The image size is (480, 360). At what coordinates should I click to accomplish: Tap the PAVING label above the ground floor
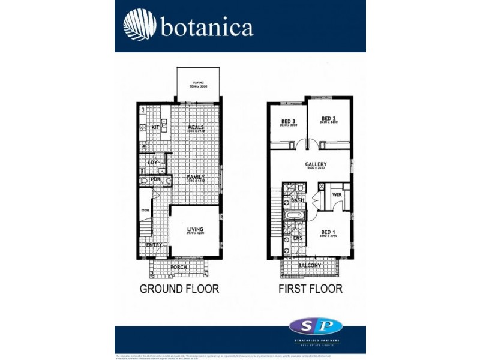(199, 83)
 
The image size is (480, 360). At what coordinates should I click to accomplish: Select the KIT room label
(155, 127)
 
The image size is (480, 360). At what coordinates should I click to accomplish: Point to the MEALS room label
(196, 127)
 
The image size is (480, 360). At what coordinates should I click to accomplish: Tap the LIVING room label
(195, 230)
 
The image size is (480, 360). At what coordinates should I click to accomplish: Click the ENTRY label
(154, 245)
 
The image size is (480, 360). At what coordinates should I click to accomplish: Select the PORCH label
(179, 267)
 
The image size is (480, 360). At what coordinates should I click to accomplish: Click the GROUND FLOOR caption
(179, 289)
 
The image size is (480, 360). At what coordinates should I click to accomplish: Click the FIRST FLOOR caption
(311, 289)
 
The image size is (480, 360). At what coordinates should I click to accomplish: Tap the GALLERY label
(316, 164)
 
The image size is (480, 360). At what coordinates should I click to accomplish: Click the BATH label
(298, 200)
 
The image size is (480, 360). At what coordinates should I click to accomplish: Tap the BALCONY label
(310, 265)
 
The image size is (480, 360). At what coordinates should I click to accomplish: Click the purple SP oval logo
(316, 326)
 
